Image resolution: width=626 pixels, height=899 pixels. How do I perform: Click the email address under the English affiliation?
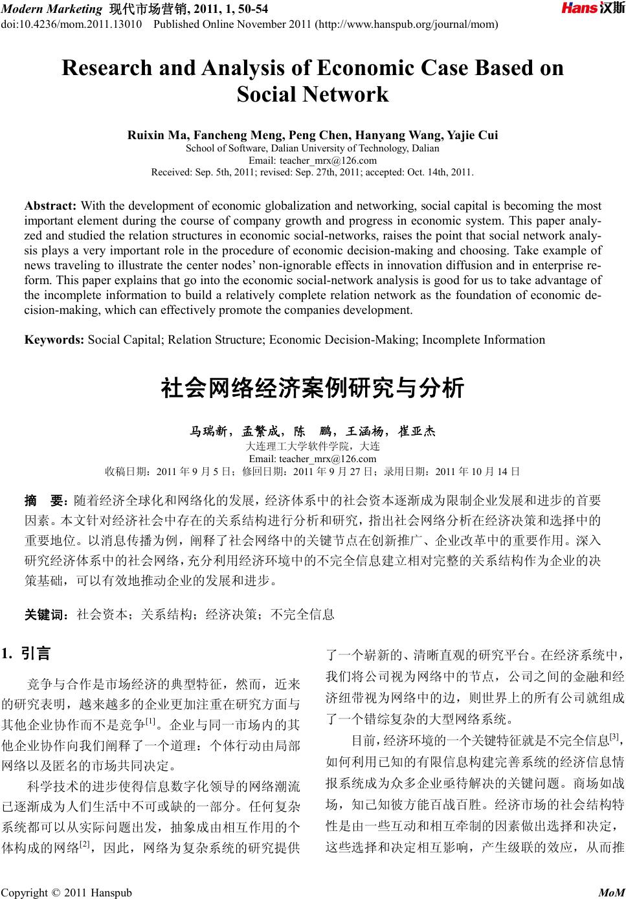tap(313, 161)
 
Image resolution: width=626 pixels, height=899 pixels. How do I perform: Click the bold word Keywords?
tap(54, 340)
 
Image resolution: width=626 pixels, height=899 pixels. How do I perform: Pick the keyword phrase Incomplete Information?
tap(484, 340)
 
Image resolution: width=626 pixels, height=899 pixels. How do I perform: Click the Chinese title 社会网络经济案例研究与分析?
tap(313, 388)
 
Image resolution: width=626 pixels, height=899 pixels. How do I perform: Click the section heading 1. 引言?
tap(27, 654)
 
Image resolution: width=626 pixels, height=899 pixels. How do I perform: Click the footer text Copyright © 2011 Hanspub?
tap(67, 893)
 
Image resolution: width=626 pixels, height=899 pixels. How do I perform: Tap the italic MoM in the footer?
tap(610, 893)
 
